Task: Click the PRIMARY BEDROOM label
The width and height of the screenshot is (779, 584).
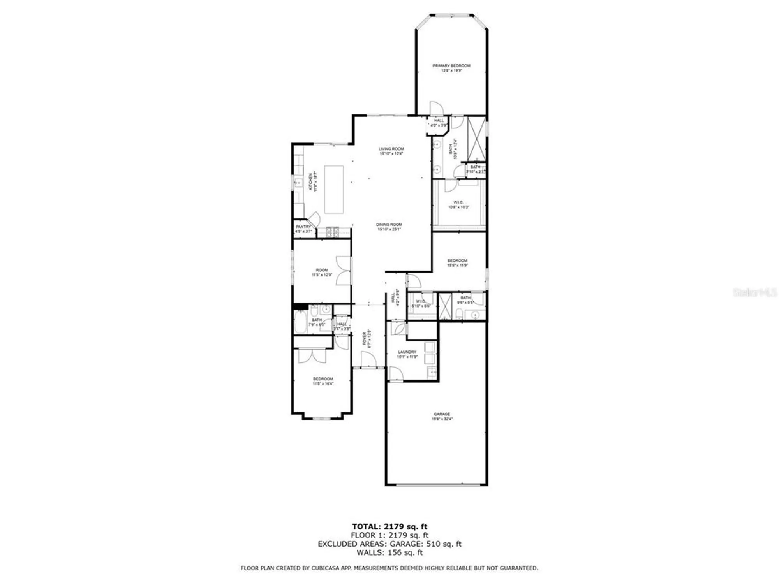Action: tap(451, 68)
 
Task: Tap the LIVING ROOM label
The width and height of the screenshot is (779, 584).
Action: tap(391, 151)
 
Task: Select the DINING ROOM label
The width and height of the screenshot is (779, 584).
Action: tap(389, 227)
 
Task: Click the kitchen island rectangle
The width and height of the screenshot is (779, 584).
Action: tap(334, 189)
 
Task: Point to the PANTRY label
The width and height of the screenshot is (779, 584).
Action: tap(303, 229)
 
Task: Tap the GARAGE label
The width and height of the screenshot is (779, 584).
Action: tap(442, 416)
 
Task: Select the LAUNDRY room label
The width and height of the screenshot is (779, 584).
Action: tap(407, 354)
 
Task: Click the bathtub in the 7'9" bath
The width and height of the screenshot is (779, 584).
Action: tap(301, 322)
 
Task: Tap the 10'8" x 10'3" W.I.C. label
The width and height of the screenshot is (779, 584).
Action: tap(458, 204)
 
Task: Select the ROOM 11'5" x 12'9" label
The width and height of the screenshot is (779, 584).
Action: tap(322, 272)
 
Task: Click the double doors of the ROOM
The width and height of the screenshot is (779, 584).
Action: tap(344, 271)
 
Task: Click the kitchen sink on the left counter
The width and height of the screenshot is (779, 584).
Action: tap(299, 183)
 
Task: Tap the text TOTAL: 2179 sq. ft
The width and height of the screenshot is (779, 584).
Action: tap(389, 527)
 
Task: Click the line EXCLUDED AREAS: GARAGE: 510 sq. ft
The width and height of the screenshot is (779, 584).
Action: tap(389, 544)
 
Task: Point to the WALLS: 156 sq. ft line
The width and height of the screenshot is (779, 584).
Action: tap(389, 552)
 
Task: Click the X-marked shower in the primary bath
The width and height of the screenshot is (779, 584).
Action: tap(476, 138)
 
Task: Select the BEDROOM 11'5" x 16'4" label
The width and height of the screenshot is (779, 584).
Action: tap(323, 381)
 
